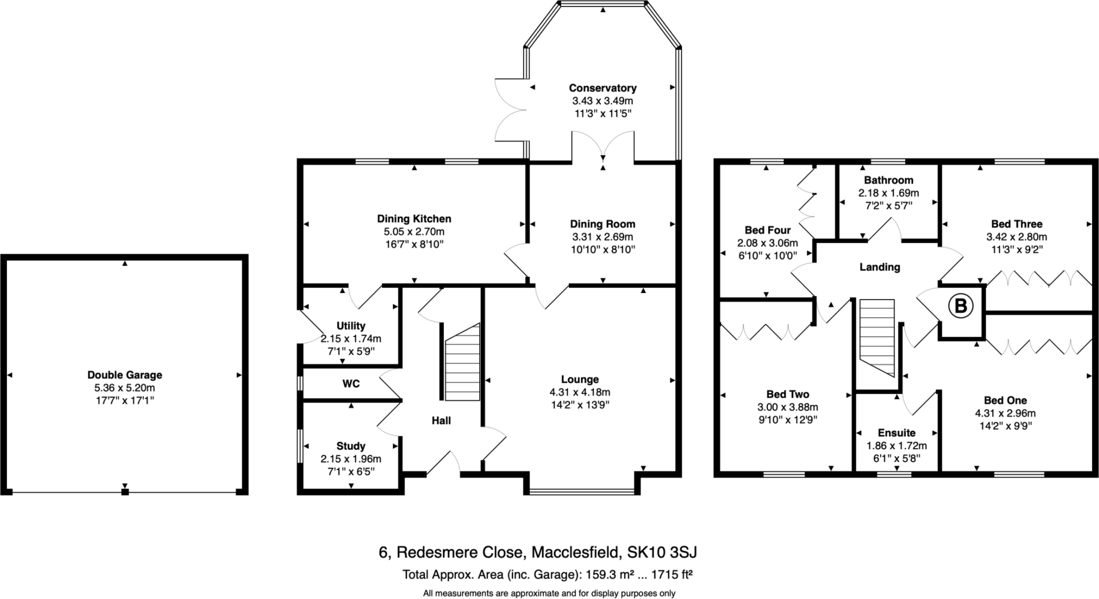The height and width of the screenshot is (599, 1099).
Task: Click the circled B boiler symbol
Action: tap(961, 306)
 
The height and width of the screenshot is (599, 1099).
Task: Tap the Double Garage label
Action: tap(124, 375)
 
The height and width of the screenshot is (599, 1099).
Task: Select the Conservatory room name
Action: tap(603, 88)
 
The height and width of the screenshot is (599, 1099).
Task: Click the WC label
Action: tap(351, 384)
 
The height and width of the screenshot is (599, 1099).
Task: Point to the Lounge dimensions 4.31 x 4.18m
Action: tap(580, 392)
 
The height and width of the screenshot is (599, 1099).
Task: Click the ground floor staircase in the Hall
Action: tap(462, 363)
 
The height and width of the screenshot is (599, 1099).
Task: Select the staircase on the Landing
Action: tap(877, 338)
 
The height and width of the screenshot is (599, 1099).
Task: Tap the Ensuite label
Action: tap(897, 433)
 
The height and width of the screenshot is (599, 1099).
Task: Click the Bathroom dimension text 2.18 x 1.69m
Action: tap(888, 193)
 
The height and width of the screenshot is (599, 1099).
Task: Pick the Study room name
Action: tap(351, 446)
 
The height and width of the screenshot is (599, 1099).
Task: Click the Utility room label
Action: tap(351, 326)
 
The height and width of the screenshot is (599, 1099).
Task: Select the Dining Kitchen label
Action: tap(414, 219)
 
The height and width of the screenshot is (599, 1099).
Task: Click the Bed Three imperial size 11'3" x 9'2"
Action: tap(1016, 250)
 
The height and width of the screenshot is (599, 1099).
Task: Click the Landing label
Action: tap(880, 267)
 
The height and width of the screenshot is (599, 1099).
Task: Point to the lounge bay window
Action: tap(582, 491)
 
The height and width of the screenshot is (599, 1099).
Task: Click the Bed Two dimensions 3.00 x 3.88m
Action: tap(788, 407)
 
